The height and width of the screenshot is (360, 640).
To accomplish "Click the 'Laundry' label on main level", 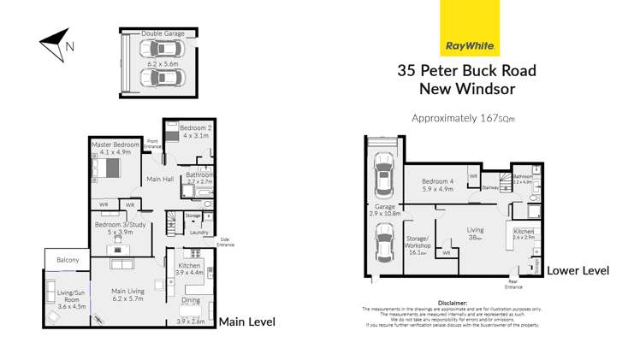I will click(198, 232).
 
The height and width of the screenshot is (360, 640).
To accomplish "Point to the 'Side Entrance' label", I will click(225, 242).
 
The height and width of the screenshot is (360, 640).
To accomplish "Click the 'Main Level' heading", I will click(249, 322).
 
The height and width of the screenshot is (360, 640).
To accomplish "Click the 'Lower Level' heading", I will click(578, 270).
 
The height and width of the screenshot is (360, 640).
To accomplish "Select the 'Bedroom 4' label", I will click(441, 182).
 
